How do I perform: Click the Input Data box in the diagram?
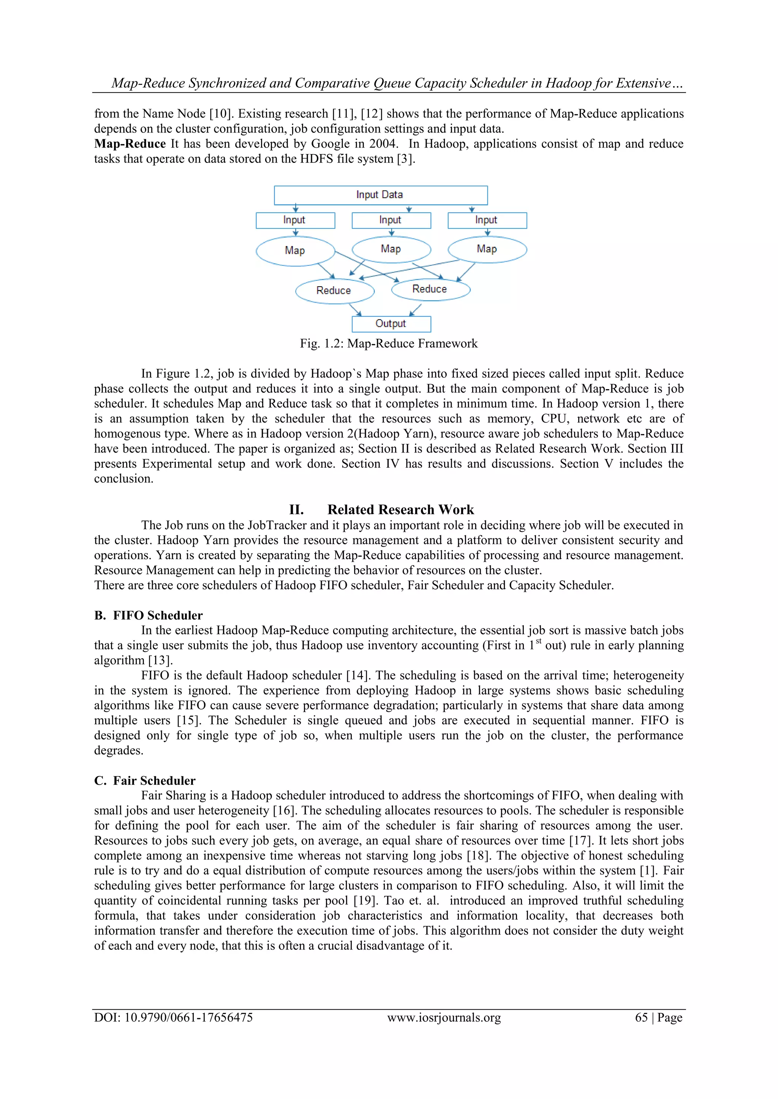[380, 195]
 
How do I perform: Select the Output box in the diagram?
[391, 324]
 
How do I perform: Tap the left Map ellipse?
[295, 251]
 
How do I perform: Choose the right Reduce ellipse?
[430, 289]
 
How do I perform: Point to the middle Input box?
[391, 220]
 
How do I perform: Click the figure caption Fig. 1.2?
[389, 344]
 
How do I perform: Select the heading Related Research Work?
[400, 509]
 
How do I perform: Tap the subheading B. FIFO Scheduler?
[149, 616]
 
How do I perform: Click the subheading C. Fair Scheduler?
[145, 781]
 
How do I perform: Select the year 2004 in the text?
[383, 144]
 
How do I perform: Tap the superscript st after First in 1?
[538, 642]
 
